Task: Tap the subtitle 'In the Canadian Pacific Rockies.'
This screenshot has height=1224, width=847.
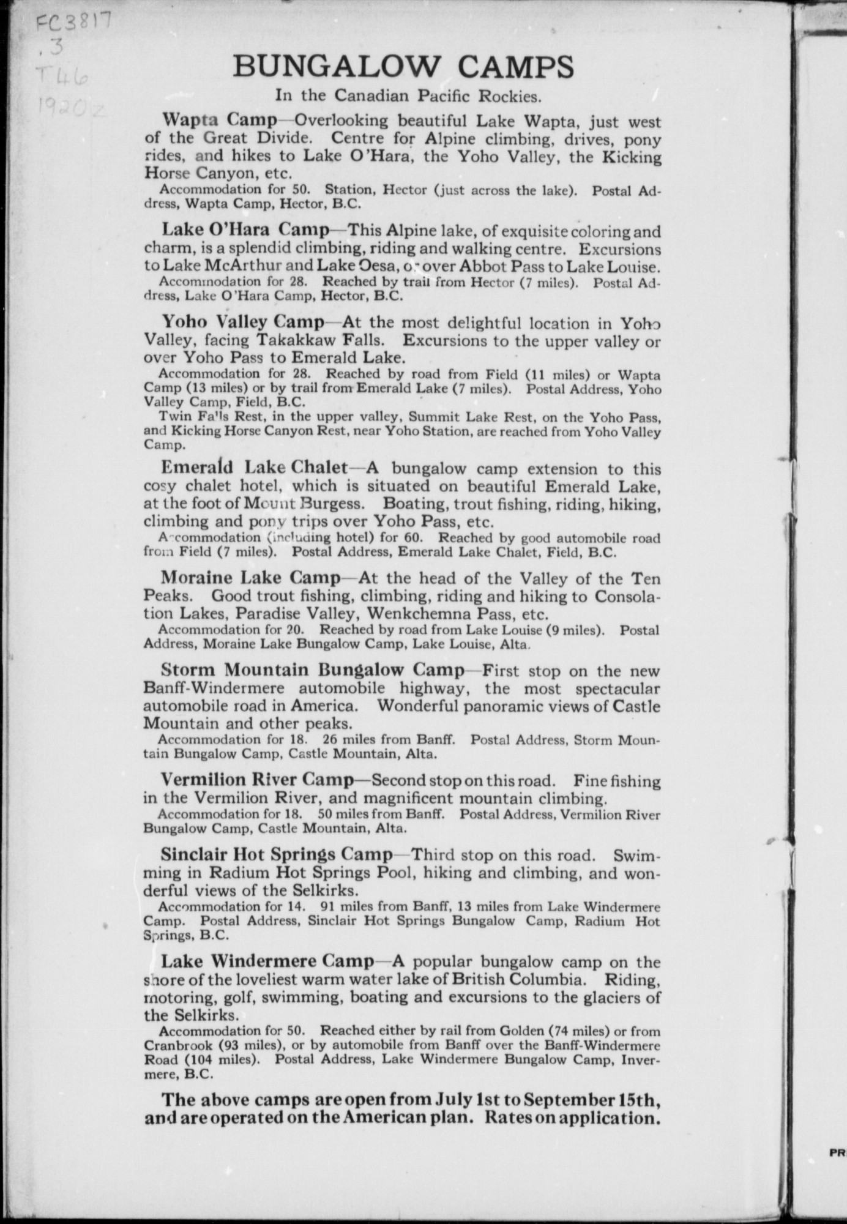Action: [x=408, y=95]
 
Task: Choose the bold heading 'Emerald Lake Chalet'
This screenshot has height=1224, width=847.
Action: [x=254, y=468]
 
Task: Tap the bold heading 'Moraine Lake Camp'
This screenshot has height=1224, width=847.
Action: [x=250, y=577]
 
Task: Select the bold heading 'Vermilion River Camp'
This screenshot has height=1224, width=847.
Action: [x=257, y=780]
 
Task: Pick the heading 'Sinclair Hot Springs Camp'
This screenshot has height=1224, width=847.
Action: [x=277, y=854]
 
